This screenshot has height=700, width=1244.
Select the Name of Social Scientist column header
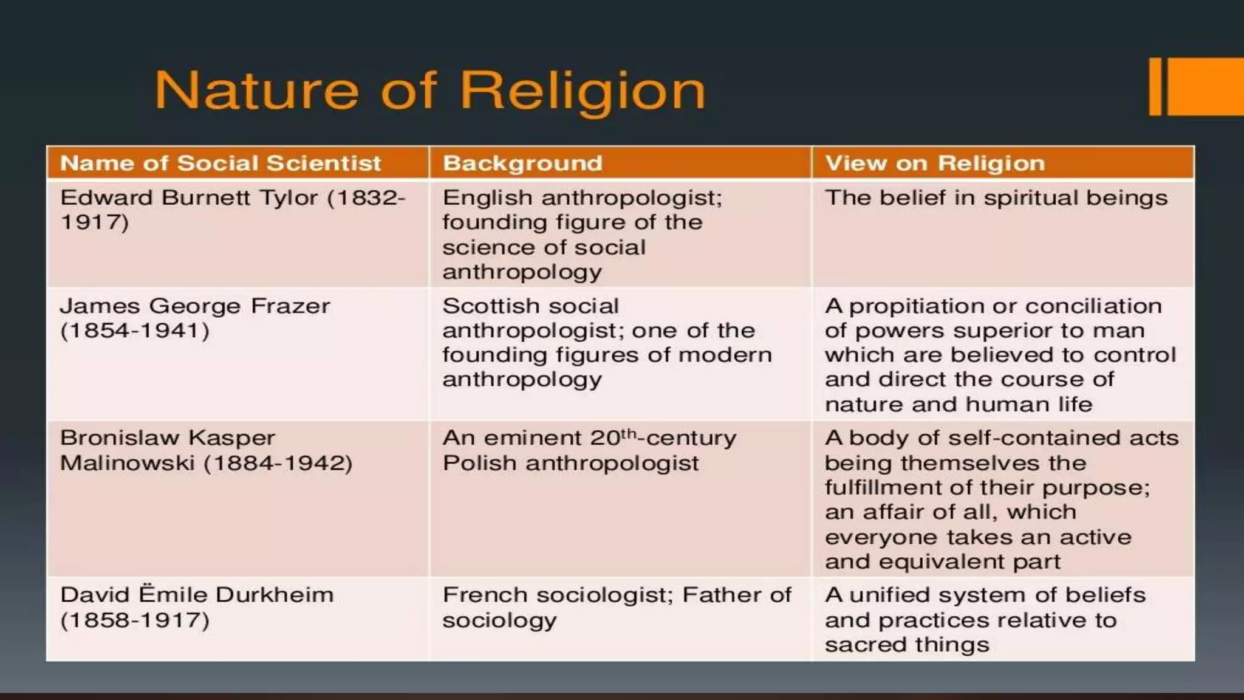220,163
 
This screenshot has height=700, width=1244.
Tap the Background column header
522,163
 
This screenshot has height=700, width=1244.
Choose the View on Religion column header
935,163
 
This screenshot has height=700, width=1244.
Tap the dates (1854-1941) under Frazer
135,331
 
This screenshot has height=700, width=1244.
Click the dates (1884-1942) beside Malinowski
278,463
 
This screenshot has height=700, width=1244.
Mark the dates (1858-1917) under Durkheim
135,620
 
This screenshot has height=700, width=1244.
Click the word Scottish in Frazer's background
487,306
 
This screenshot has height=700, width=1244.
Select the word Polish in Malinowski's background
479,463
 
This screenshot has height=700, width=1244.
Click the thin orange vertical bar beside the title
1155,86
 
